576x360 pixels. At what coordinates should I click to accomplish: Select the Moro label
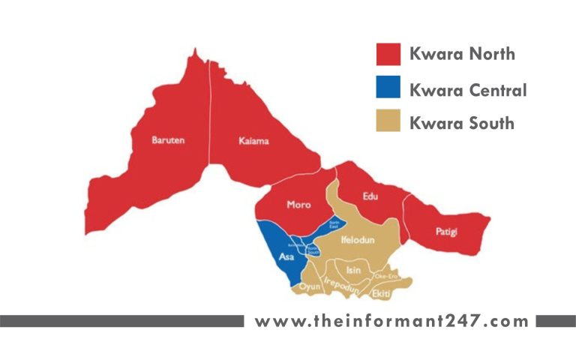tap(298, 205)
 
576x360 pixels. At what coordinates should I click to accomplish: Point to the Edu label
tap(370, 197)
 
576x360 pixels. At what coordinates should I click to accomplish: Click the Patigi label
tap(446, 232)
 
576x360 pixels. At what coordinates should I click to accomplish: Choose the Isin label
tap(353, 270)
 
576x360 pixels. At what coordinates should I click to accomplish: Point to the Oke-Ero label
tap(385, 275)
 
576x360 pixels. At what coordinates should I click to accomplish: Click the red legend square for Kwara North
tap(388, 54)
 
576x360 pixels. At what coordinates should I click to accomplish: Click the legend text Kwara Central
tap(468, 91)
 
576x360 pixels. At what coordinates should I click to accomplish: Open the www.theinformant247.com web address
tap(391, 322)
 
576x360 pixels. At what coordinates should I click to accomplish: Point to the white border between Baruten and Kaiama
tap(210, 112)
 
